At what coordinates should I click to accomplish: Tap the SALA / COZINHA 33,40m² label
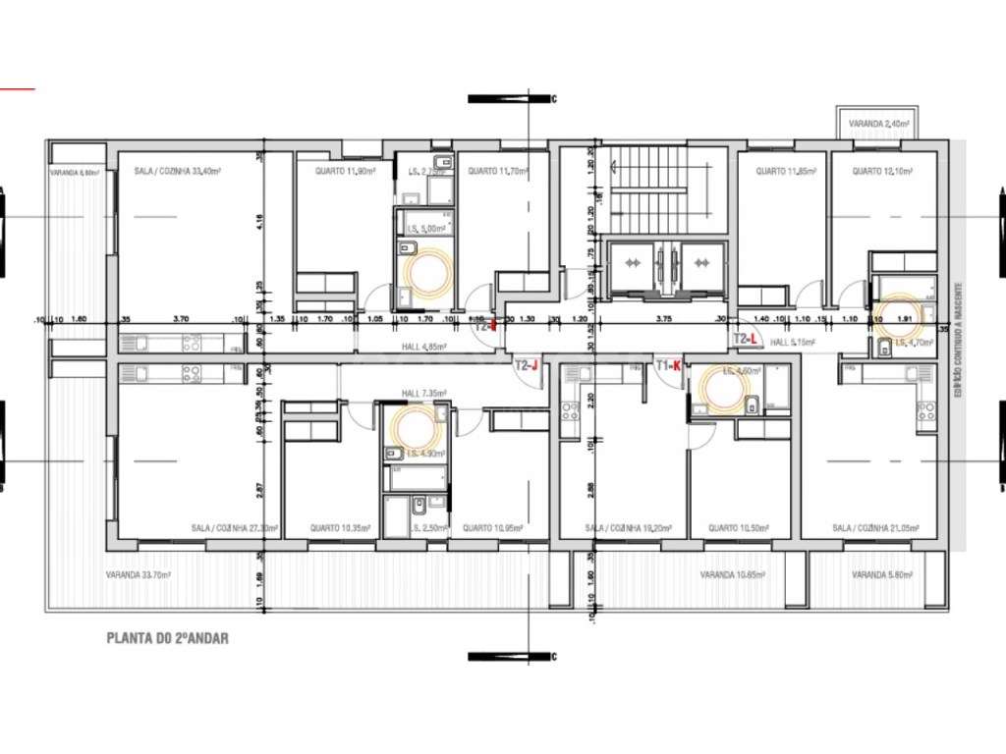click(x=177, y=171)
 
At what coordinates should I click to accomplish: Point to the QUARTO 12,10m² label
click(x=878, y=171)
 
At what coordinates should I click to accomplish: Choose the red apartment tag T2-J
click(x=528, y=365)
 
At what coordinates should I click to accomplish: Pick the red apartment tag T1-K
click(x=668, y=365)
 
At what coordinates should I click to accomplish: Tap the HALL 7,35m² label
click(x=424, y=393)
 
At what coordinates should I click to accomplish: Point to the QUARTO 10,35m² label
click(x=341, y=528)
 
